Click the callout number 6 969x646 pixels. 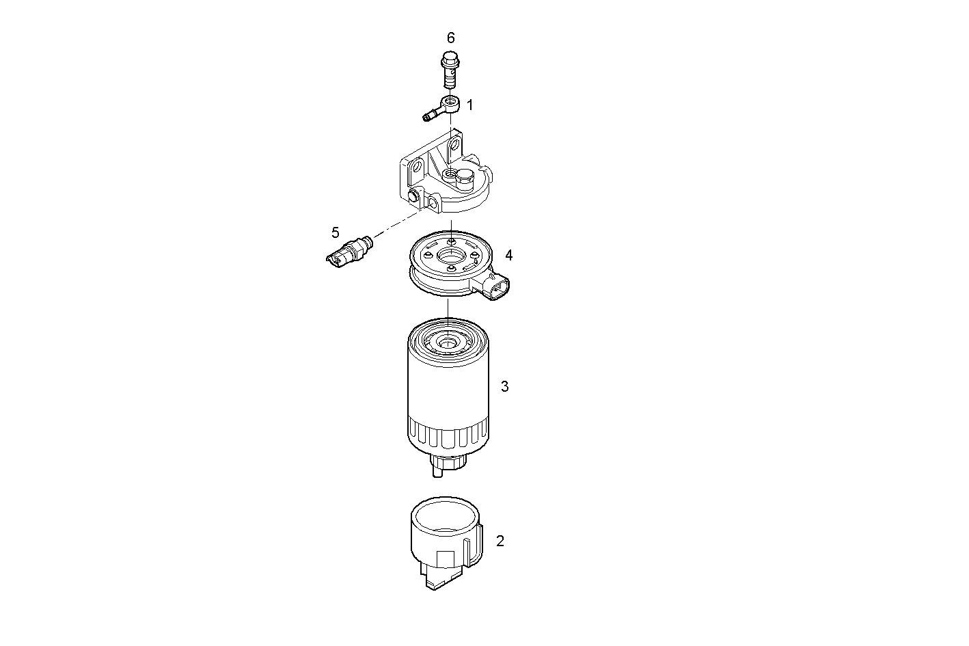450,38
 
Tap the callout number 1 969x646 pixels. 469,105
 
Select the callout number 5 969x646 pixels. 335,232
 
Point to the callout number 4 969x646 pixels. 508,255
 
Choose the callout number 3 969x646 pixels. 504,386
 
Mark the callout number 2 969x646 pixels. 500,541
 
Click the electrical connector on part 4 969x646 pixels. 497,286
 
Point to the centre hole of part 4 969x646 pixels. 449,257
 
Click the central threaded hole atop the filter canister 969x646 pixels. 447,339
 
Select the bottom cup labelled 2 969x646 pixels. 445,540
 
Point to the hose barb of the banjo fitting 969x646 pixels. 430,116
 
